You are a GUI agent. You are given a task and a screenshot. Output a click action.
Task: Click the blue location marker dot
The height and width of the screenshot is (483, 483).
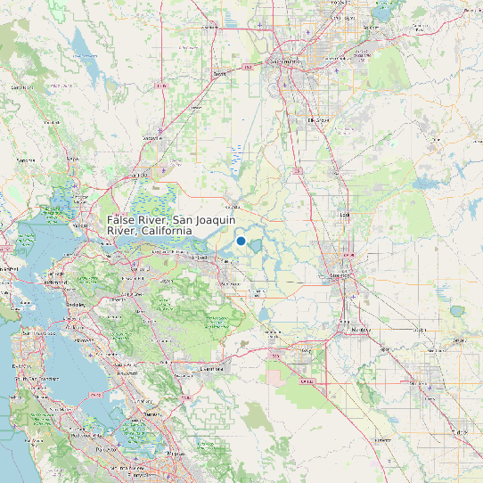coord(241,241)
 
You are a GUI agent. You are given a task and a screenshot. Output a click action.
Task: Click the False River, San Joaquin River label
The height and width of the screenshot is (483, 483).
coord(149,225)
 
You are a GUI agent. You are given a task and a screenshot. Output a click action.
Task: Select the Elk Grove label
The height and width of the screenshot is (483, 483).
coord(317,119)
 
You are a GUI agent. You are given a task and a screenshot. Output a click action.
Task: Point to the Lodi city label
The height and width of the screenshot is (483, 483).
coord(343,215)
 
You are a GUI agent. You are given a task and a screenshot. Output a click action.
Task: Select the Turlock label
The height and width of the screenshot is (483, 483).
coord(459,432)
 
